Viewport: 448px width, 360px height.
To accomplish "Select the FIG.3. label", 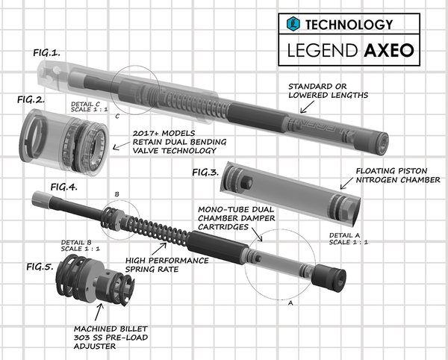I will coord(206,173).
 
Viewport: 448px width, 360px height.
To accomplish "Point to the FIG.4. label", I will coord(63,188).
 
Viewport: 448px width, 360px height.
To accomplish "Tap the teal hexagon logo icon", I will coord(293,24).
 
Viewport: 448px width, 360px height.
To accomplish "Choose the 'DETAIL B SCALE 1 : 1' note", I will coord(76,246).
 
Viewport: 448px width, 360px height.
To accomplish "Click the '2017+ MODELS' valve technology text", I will coord(166,138).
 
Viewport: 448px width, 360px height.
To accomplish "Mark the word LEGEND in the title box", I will coord(323,52).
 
